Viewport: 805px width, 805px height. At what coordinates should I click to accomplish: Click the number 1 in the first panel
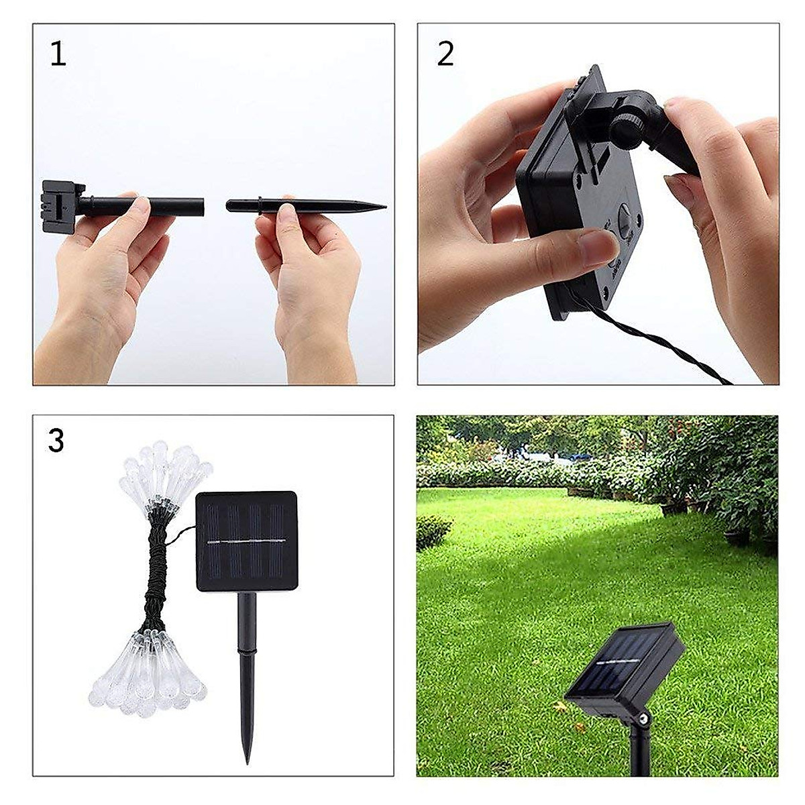click(x=58, y=54)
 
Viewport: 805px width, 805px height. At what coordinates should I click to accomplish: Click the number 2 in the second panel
click(x=445, y=54)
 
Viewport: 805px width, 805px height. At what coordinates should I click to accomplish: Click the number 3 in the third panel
click(x=56, y=441)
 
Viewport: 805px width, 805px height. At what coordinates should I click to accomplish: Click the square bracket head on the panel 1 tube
click(x=60, y=205)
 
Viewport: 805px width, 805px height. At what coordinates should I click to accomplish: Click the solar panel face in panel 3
click(x=246, y=541)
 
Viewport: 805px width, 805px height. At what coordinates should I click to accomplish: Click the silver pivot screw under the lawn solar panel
click(x=644, y=719)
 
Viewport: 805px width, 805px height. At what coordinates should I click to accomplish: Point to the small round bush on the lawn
click(x=433, y=530)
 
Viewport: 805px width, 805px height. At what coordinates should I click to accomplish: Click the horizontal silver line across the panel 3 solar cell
click(x=246, y=541)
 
